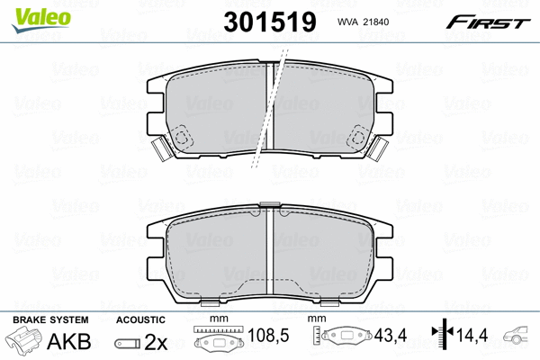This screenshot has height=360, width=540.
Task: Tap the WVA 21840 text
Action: coord(364,21)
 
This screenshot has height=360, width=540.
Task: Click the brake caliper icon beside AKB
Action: coord(25,342)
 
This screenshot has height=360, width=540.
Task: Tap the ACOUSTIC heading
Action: coord(141,319)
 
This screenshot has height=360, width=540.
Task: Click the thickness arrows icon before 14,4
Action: coord(441,340)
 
